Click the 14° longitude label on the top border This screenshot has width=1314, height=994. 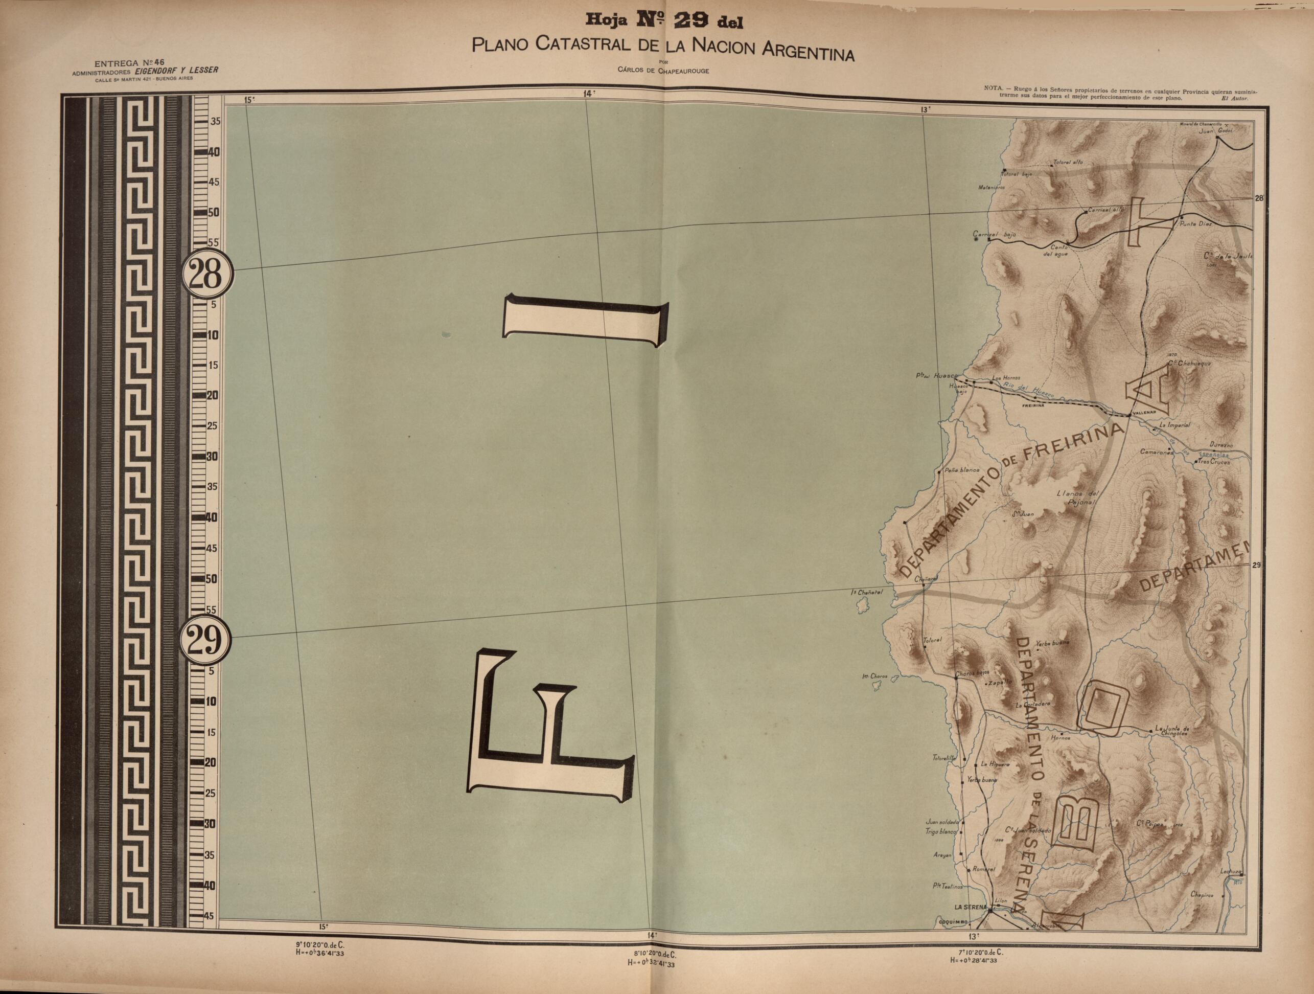tap(589, 93)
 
